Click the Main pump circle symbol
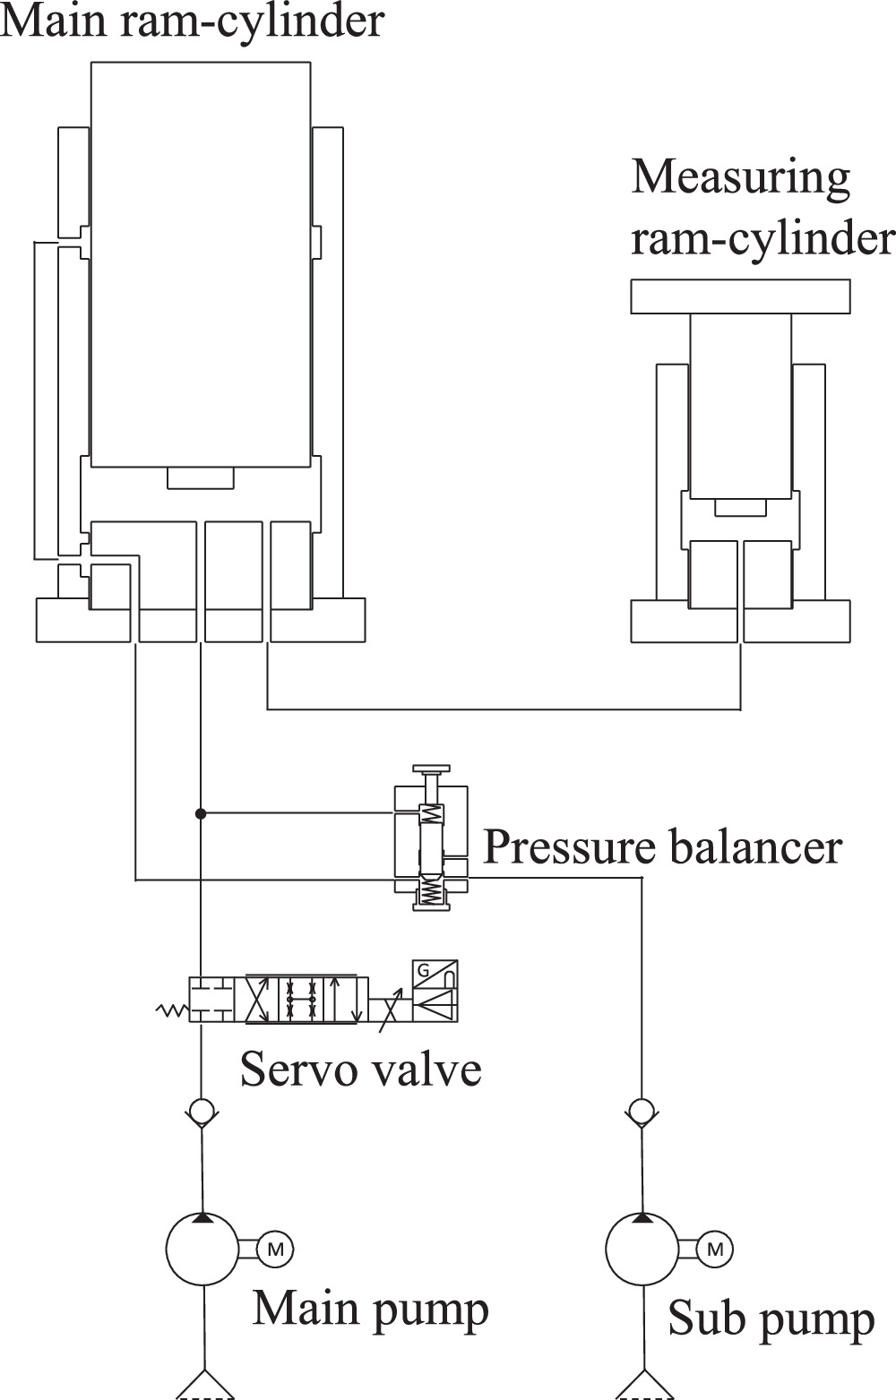click(203, 1249)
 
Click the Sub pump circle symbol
click(642, 1249)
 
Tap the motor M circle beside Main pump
click(275, 1249)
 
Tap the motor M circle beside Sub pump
click(714, 1249)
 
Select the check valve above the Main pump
click(202, 1112)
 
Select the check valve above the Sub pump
click(641, 1112)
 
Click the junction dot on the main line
click(202, 813)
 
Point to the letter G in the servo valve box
click(423, 970)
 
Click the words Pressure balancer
click(662, 846)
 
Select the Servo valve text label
click(360, 1068)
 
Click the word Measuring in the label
click(740, 177)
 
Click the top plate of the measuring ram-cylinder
click(740, 296)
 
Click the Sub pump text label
click(771, 1319)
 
